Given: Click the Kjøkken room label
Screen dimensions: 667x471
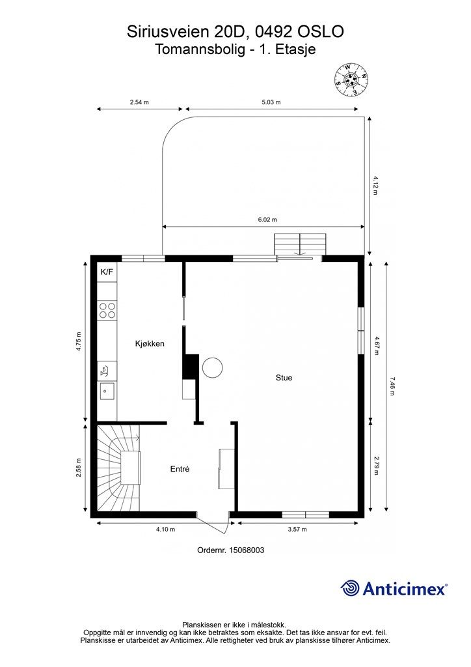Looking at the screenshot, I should point(150,344).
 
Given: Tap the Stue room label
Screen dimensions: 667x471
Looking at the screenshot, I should point(284,377).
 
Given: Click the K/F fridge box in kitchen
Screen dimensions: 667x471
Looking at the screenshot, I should point(107,272).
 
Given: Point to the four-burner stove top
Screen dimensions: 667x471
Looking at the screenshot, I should point(107,310).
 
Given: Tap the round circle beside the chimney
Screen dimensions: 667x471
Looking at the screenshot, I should point(212,367).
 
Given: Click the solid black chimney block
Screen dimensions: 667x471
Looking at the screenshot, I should point(190,365).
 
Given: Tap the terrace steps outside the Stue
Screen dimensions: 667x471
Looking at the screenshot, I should point(299,245).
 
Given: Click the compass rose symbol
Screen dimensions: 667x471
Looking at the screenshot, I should point(351,79).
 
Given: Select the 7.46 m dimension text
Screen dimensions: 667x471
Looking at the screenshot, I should point(392,387).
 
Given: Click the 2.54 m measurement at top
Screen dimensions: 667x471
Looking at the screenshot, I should point(139,102).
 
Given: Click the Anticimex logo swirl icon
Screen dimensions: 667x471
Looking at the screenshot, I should point(350,588).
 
